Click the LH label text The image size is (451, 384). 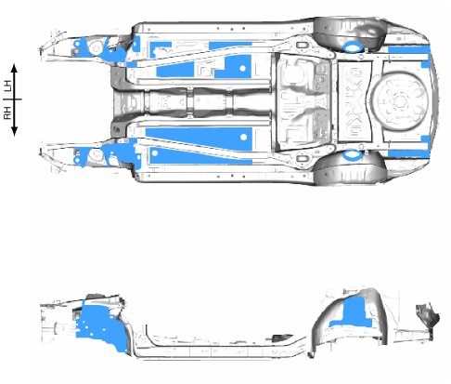[x=7, y=86]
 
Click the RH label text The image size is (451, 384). [x=7, y=113]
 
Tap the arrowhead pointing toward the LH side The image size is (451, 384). [x=14, y=68]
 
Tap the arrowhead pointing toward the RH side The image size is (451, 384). [x=14, y=132]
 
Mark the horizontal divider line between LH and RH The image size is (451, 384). [x=12, y=99]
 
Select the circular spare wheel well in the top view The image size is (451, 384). [x=400, y=100]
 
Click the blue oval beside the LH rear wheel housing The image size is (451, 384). [x=353, y=47]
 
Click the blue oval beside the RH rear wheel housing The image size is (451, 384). [x=353, y=155]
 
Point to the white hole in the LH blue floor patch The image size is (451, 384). [x=243, y=68]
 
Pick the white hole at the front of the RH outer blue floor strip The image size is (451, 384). [x=155, y=152]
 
